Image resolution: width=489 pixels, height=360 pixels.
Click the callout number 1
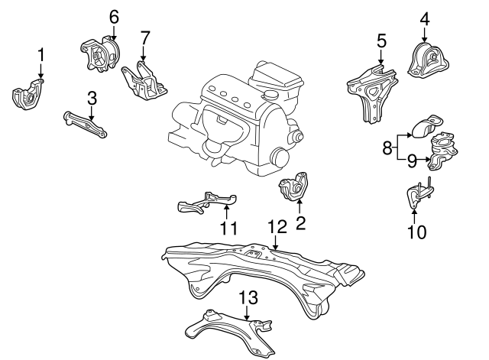41,56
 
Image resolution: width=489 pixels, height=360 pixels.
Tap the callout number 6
114,18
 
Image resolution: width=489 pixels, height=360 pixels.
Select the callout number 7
144,38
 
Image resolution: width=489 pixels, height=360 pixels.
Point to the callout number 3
92,98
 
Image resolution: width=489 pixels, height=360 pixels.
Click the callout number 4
425,18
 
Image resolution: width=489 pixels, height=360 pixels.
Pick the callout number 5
381,41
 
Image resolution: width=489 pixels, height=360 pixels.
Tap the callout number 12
277,227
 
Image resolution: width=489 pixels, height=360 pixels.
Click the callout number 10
416,232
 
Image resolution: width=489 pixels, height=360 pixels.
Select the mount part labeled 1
28,95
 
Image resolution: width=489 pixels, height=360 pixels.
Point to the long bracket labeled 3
85,124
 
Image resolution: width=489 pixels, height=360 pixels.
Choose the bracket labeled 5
372,92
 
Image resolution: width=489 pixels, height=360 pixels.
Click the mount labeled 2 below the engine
294,186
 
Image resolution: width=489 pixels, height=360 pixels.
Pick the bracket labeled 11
207,203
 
